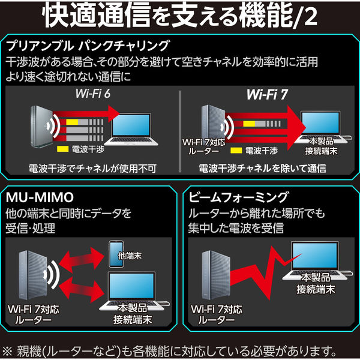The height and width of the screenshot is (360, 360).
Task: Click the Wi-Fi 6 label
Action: [x=92, y=94]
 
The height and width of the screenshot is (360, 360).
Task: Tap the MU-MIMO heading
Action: [x=40, y=197]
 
